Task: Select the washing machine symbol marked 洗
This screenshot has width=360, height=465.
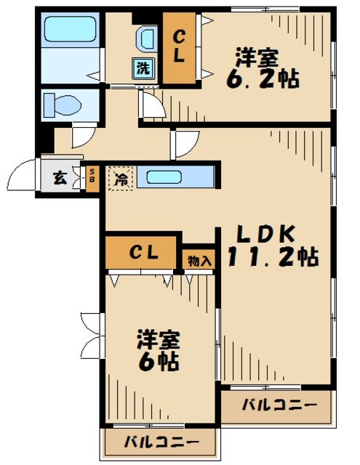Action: point(143,69)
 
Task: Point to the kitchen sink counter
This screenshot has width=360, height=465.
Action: point(175,177)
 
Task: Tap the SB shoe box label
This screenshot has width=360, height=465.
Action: point(92,177)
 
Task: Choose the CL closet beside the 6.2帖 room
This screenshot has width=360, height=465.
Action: point(179,45)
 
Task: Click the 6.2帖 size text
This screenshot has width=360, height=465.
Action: point(266,78)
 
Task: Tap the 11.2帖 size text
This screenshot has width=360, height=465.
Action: point(270,256)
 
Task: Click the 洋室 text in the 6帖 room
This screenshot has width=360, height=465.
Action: point(159,339)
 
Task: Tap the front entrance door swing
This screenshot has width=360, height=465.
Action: point(23,177)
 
